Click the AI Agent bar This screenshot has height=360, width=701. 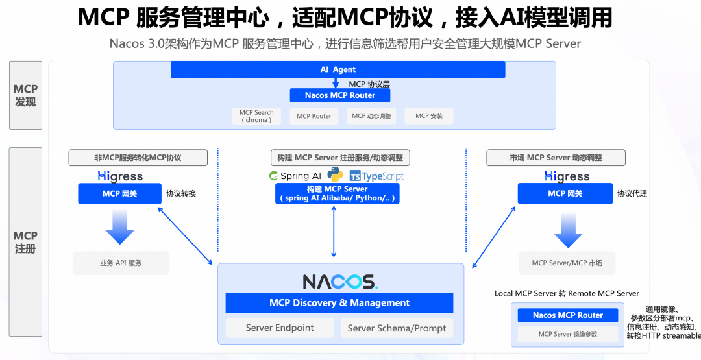coord(338,69)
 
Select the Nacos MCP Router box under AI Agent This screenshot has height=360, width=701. coord(340,95)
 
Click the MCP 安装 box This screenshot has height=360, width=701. coord(428,116)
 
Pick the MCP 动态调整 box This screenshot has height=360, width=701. coord(372,116)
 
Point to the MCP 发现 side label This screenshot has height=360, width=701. coord(25,95)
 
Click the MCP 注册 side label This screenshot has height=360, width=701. coord(25,242)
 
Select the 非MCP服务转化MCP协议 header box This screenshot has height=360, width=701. coord(138,158)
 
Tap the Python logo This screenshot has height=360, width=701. coord(335,175)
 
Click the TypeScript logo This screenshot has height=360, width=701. coord(376,176)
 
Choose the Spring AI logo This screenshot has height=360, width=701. coord(295,176)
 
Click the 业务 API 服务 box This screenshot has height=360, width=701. coord(121,263)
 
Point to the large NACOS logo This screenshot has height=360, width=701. coord(340,282)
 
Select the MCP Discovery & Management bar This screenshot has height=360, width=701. coord(339,303)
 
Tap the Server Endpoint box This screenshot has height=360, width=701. coord(280,328)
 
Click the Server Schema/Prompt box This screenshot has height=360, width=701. coord(397,328)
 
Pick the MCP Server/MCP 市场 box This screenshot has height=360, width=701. coord(567,263)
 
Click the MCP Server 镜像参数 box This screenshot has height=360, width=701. coord(568,334)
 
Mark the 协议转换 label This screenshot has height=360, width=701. coord(181,193)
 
